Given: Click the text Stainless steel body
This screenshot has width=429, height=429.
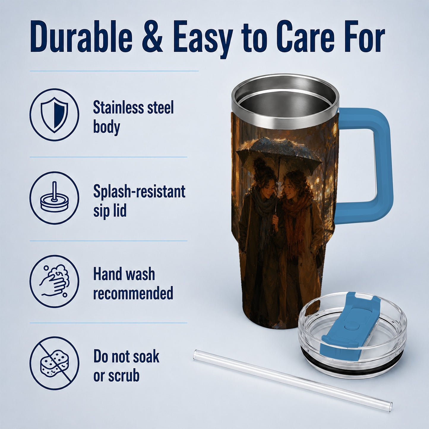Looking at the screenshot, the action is pyautogui.click(x=133, y=117).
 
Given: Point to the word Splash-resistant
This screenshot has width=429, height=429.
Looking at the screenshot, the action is pyautogui.click(x=139, y=191).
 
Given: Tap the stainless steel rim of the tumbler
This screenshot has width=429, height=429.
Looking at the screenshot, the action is pyautogui.click(x=285, y=101).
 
